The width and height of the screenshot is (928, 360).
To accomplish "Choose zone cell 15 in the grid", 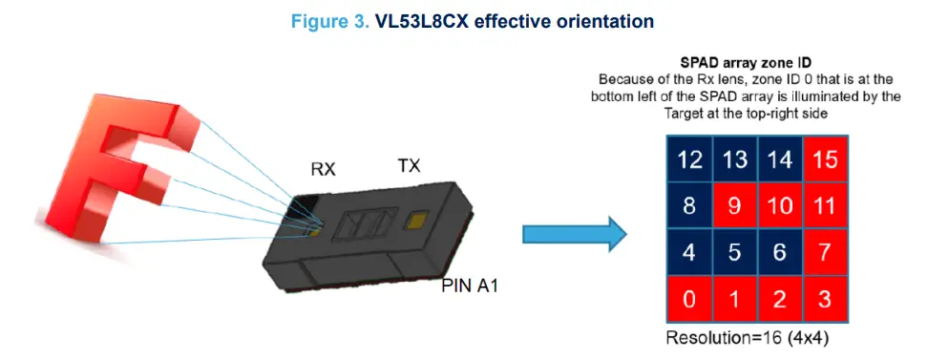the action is [825, 159].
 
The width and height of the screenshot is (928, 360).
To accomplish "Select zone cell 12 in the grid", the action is [687, 159].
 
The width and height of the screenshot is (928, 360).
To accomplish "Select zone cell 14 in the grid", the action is [779, 159].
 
